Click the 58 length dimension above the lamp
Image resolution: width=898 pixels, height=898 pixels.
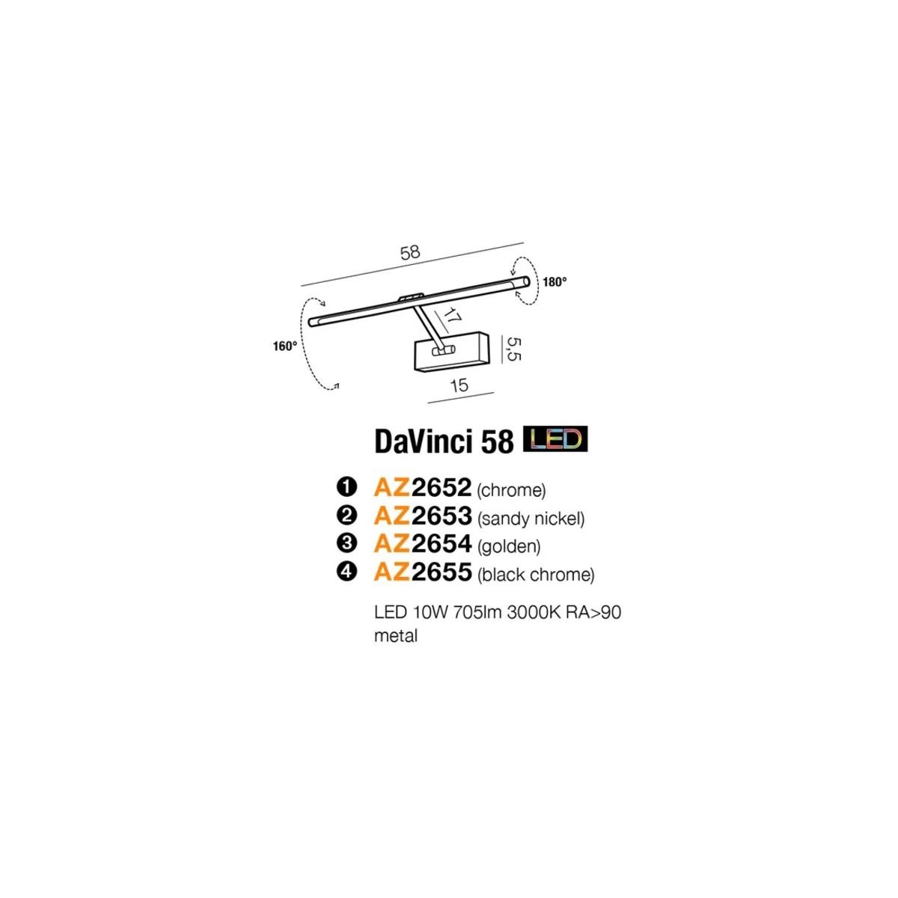[x=410, y=252]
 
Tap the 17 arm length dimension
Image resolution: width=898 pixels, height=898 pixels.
[x=450, y=316]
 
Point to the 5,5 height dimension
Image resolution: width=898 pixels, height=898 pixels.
[x=513, y=347]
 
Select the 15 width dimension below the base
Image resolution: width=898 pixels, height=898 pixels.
[x=459, y=385]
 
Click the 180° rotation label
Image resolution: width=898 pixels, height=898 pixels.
[x=555, y=282]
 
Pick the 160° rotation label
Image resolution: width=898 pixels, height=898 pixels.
[x=285, y=346]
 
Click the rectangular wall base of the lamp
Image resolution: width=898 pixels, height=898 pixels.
[x=452, y=351]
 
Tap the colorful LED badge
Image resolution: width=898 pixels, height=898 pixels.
[x=555, y=439]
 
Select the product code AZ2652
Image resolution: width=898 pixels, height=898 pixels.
[x=423, y=488]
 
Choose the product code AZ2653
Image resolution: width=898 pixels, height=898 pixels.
[x=423, y=516]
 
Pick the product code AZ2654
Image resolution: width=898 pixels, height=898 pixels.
[x=423, y=544]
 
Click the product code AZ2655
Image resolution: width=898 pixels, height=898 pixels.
[x=423, y=572]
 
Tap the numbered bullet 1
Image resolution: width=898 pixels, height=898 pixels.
[x=346, y=488]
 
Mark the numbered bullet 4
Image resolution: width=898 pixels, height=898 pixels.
[x=346, y=572]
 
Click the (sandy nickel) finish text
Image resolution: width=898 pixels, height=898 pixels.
[x=531, y=518]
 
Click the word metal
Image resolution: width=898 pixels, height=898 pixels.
[x=396, y=636]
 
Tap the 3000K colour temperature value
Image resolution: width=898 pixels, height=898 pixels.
[x=531, y=612]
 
